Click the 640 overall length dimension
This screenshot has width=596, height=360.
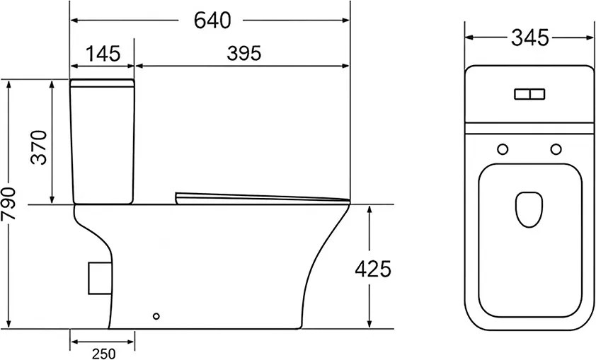tap(212, 21)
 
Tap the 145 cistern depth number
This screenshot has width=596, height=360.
tap(103, 54)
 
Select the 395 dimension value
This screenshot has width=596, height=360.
tap(244, 53)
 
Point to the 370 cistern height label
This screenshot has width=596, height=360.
tap(39, 147)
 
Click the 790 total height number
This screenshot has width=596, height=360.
tap(8, 204)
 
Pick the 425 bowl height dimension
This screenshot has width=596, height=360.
tap(373, 269)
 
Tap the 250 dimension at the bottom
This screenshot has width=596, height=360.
tap(104, 354)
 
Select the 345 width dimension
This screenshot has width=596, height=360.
tap(530, 37)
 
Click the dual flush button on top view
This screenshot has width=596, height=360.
tap(529, 94)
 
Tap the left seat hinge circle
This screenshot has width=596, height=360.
tap(503, 149)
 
